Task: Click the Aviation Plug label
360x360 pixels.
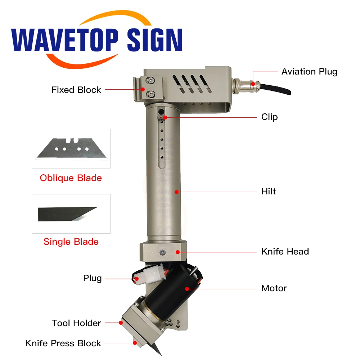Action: pyautogui.click(x=309, y=72)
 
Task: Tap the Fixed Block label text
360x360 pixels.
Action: pyautogui.click(x=76, y=90)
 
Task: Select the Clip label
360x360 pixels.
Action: pyautogui.click(x=269, y=117)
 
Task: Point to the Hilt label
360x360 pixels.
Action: pyautogui.click(x=269, y=191)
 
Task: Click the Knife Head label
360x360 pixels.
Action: pyautogui.click(x=285, y=251)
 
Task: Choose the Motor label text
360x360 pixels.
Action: pyautogui.click(x=274, y=288)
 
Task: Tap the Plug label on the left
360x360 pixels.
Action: pyautogui.click(x=93, y=278)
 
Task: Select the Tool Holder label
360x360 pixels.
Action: pyautogui.click(x=76, y=323)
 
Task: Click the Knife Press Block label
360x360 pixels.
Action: pyautogui.click(x=63, y=343)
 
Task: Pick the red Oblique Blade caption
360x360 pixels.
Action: pyautogui.click(x=71, y=178)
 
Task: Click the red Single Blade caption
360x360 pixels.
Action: pyautogui.click(x=71, y=242)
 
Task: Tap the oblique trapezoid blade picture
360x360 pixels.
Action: pyautogui.click(x=71, y=148)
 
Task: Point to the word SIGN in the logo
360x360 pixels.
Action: pyautogui.click(x=155, y=40)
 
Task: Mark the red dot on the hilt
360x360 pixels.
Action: pyautogui.click(x=177, y=192)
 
